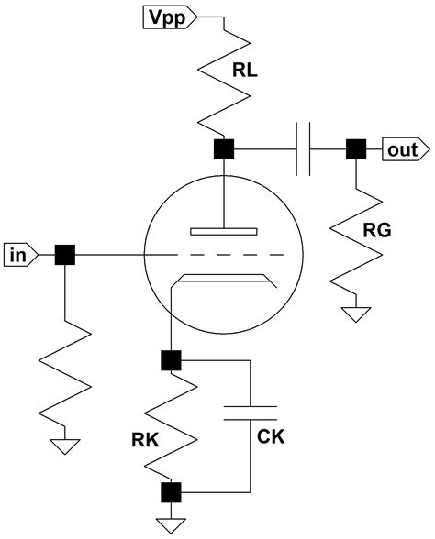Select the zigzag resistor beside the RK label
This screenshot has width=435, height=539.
(171, 425)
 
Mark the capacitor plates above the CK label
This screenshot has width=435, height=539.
(251, 410)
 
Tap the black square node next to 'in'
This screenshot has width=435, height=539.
(65, 253)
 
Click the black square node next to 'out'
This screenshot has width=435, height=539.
(353, 148)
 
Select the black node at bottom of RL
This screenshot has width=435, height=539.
(222, 148)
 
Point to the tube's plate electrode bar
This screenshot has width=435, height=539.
(222, 229)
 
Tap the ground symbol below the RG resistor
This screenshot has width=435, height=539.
(353, 316)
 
